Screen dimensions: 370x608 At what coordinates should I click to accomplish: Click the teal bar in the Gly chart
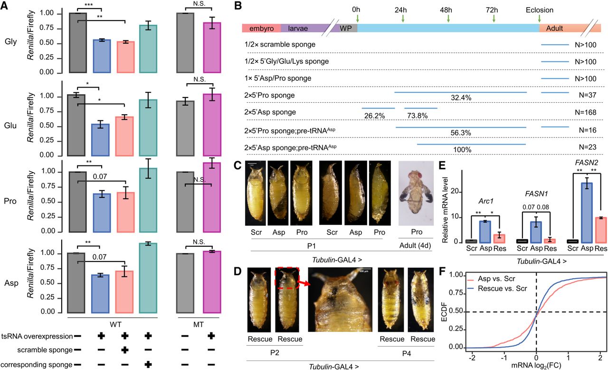150,49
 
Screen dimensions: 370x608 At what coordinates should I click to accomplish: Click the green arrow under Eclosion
540,19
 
